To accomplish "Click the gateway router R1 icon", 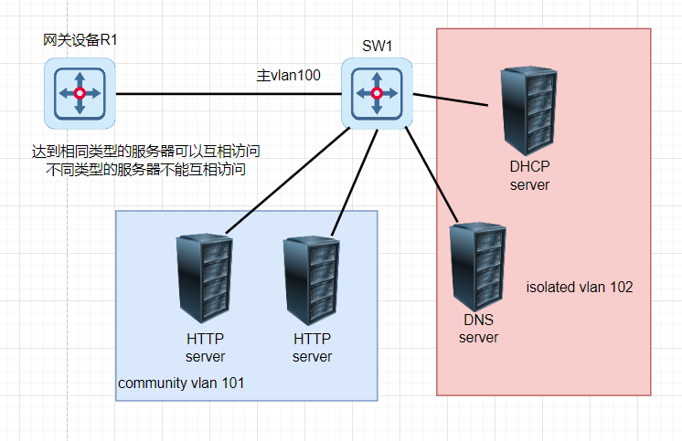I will (80, 93).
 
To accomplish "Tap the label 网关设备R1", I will (80, 40).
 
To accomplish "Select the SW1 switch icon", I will (377, 93).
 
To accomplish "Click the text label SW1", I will (377, 46).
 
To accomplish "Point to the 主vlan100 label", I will (288, 76).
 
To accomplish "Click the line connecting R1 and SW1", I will (229, 93).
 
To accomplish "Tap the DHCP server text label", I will (529, 175).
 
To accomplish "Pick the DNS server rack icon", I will (476, 266).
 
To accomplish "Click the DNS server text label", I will (478, 329).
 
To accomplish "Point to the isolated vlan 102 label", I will (580, 287).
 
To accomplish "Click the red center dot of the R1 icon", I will (80, 93).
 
